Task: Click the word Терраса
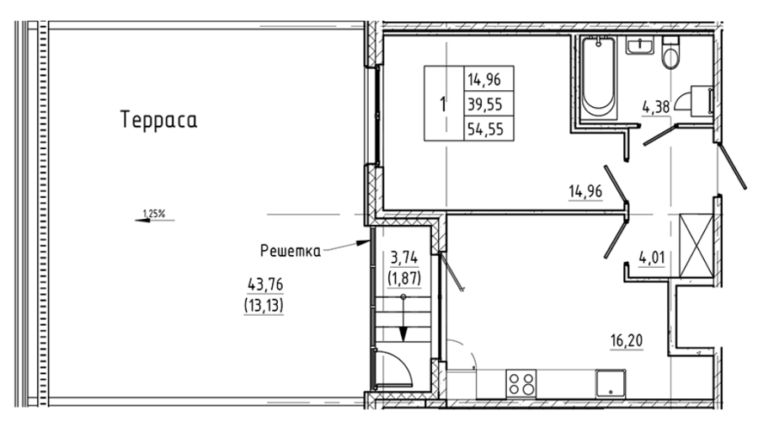pyautogui.click(x=159, y=120)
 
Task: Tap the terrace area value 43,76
pyautogui.click(x=265, y=285)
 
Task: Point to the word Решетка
pyautogui.click(x=291, y=251)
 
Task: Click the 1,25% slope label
pyautogui.click(x=154, y=213)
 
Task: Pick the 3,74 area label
pyautogui.click(x=404, y=259)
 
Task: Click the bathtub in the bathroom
pyautogui.click(x=599, y=77)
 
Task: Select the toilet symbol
pyautogui.click(x=670, y=53)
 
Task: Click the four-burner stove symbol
pyautogui.click(x=522, y=384)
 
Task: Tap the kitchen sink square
pyautogui.click(x=611, y=384)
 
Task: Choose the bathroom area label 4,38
pyautogui.click(x=656, y=106)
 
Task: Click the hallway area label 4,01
pyautogui.click(x=652, y=257)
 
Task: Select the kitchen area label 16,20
pyautogui.click(x=627, y=341)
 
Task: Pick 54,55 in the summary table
pyautogui.click(x=485, y=129)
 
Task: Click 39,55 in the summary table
pyautogui.click(x=485, y=104)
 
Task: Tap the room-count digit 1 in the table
pyautogui.click(x=443, y=104)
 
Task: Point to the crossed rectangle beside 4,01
pyautogui.click(x=697, y=246)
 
